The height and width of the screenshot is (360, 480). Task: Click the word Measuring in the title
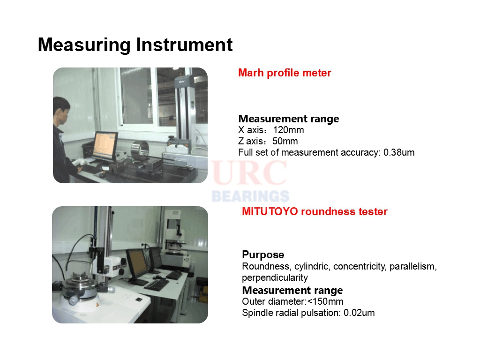click(x=84, y=45)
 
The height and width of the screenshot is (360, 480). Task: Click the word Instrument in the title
click(x=184, y=45)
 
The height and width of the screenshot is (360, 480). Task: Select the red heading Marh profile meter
click(x=285, y=73)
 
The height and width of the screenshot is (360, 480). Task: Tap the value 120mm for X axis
click(x=288, y=130)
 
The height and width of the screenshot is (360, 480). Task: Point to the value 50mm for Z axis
click(x=285, y=141)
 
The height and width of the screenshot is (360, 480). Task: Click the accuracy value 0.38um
click(x=399, y=152)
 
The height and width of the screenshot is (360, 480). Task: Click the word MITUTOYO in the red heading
click(x=270, y=211)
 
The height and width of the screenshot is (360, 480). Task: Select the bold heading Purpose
click(x=263, y=255)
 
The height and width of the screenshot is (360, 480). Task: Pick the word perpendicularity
click(x=275, y=277)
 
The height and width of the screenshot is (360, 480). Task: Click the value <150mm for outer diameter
click(x=325, y=301)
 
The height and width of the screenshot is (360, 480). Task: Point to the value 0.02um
click(x=359, y=313)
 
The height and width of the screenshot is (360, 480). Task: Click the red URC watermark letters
click(x=249, y=173)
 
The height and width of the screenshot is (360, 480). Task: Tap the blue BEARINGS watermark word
click(x=250, y=196)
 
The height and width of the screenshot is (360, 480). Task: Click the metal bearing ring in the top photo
click(x=140, y=150)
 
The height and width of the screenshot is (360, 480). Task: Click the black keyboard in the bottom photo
click(x=157, y=285)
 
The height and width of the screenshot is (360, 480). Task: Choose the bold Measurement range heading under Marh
click(x=289, y=119)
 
